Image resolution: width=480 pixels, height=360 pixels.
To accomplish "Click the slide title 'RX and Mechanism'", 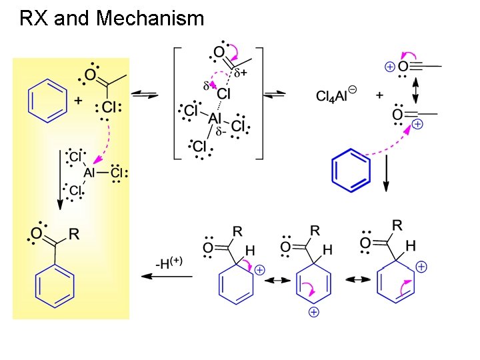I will (111, 18).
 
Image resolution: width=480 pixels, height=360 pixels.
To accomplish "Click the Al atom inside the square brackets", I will (215, 118).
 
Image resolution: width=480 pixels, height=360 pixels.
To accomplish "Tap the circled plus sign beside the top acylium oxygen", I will (389, 67).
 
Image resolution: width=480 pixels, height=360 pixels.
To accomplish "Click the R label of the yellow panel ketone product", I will (75, 234).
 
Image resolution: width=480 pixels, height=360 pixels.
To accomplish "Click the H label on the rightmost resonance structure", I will (411, 246).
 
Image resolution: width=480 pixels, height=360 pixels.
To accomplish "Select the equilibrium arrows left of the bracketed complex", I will (145, 95).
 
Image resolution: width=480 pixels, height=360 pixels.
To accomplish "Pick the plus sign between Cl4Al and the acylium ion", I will (379, 95).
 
